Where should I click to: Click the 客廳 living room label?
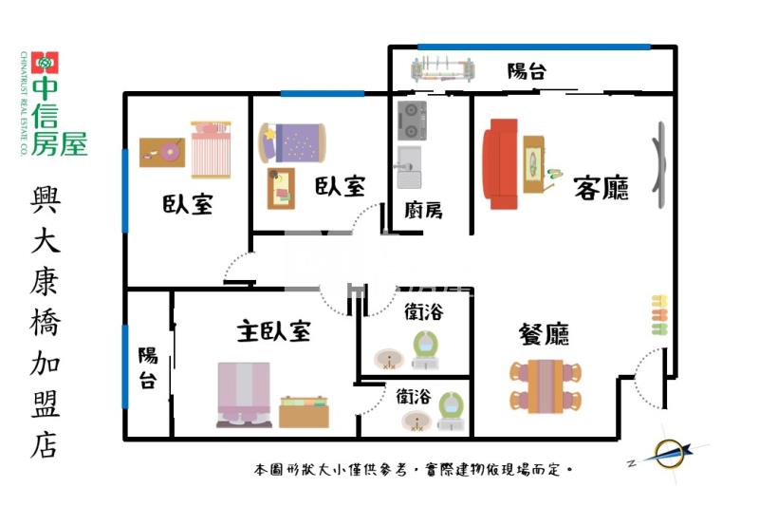click(602, 188)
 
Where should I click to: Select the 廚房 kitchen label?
click(423, 210)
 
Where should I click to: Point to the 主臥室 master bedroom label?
click(274, 331)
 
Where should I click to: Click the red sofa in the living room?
click(500, 163)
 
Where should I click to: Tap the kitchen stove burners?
click(412, 120)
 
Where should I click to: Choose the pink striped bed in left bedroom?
click(210, 150)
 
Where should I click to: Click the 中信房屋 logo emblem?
click(45, 63)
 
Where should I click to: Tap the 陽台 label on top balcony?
click(526, 70)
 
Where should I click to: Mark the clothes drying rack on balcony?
click(442, 69)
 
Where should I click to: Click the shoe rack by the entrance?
click(657, 316)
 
